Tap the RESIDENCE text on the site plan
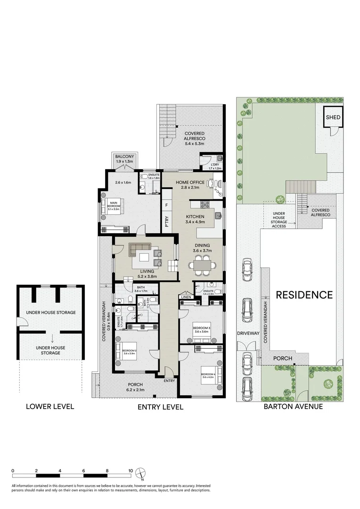click(x=304, y=295)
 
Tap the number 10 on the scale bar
click(x=131, y=470)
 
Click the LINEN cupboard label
click(x=185, y=297)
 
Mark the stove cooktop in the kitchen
click(x=206, y=205)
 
